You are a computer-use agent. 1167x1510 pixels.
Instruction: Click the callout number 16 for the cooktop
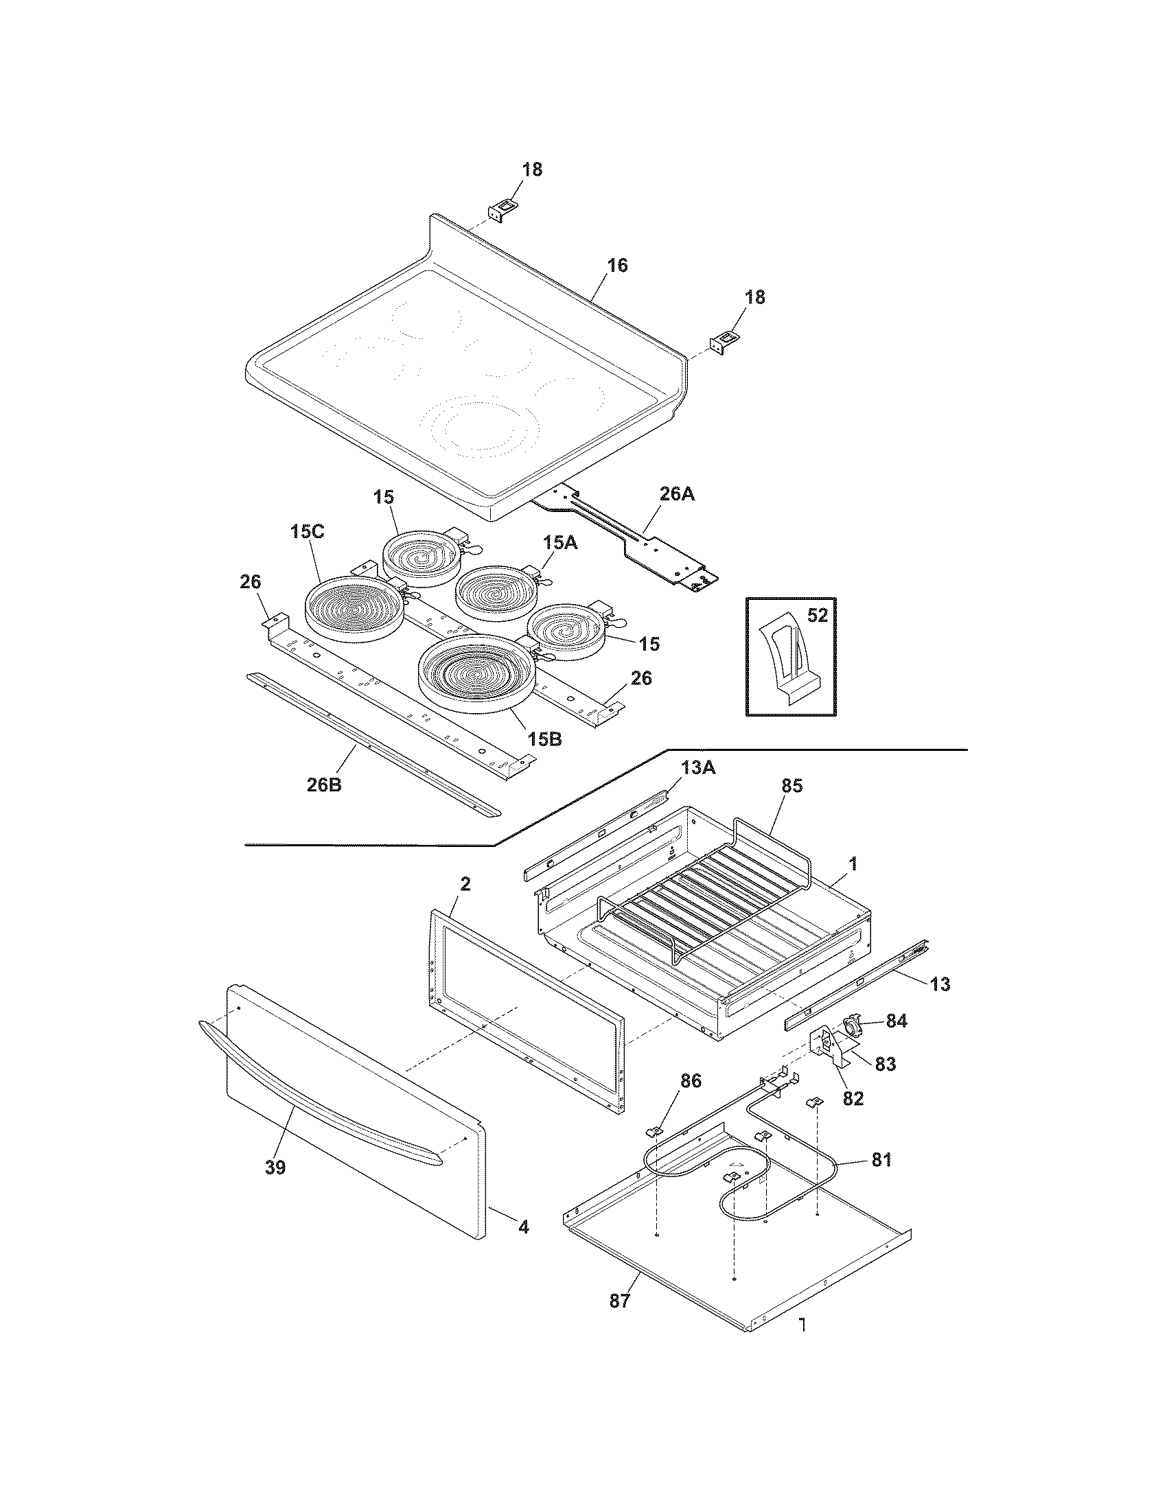pyautogui.click(x=617, y=266)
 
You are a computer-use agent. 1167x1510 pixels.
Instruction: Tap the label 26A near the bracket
pyautogui.click(x=678, y=495)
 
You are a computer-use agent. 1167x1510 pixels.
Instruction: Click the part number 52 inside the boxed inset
pyautogui.click(x=817, y=615)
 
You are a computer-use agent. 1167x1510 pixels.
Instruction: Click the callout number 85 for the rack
pyautogui.click(x=792, y=786)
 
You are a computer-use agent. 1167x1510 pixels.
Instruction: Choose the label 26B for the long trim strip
pyautogui.click(x=324, y=785)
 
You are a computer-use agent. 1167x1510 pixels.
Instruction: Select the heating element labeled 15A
pyautogui.click(x=492, y=592)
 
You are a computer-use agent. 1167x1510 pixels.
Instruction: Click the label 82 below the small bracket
pyautogui.click(x=853, y=1097)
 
